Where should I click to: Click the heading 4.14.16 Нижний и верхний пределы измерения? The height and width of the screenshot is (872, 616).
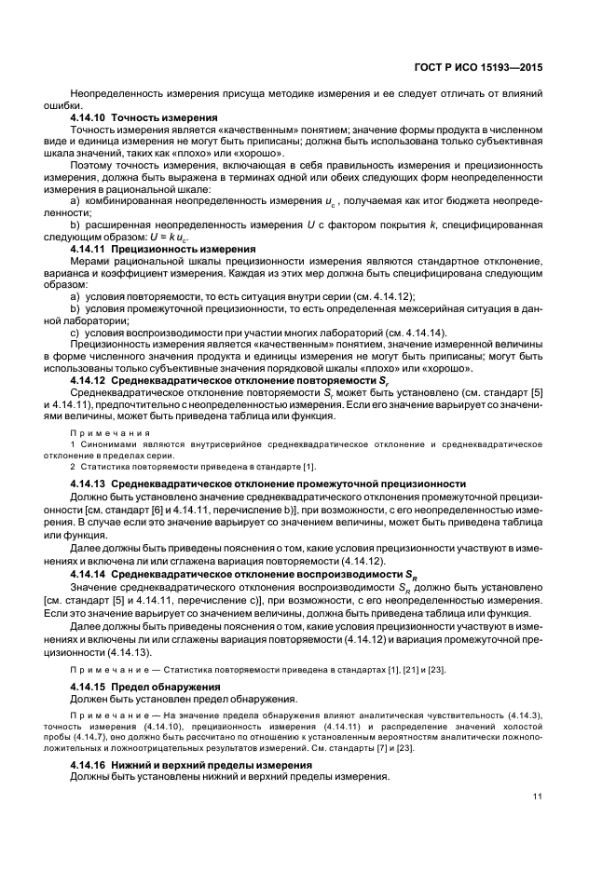(x=191, y=765)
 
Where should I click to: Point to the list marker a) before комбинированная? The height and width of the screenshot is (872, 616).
(x=75, y=200)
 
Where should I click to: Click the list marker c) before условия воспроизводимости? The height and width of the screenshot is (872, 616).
(x=75, y=333)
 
